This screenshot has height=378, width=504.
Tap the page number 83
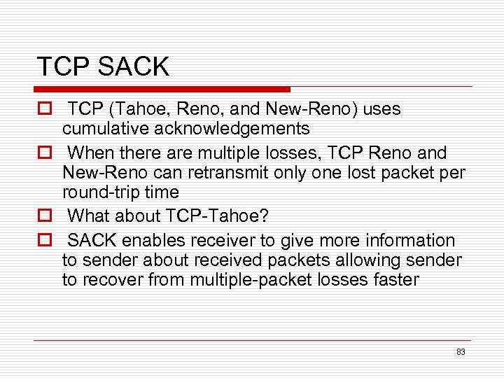(x=461, y=352)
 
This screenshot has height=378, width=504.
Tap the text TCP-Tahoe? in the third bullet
(x=218, y=216)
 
